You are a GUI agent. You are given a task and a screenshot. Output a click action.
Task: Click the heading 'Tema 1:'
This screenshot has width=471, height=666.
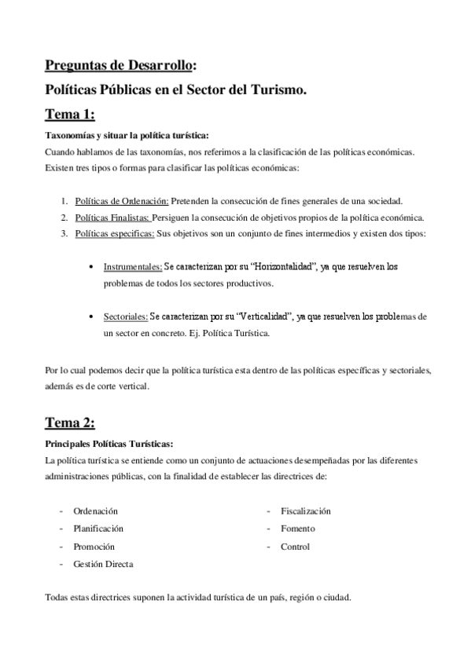click(70, 115)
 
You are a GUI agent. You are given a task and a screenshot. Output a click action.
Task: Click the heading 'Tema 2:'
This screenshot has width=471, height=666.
click(70, 423)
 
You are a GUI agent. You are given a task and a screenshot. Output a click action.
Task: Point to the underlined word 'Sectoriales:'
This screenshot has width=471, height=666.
click(126, 317)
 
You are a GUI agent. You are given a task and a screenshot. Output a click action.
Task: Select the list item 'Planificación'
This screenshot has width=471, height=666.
click(98, 529)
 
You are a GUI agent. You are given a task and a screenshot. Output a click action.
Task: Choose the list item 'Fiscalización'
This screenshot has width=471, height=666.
click(306, 510)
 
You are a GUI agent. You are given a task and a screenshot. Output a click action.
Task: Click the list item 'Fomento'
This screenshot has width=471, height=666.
click(297, 529)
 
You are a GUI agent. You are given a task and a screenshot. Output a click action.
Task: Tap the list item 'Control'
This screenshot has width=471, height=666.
click(295, 547)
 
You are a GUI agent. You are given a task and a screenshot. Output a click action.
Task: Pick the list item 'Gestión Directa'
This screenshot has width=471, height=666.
click(103, 564)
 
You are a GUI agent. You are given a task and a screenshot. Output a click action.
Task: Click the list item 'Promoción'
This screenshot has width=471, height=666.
click(94, 547)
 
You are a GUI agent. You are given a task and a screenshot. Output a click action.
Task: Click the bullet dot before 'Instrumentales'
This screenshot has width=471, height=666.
click(94, 268)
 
